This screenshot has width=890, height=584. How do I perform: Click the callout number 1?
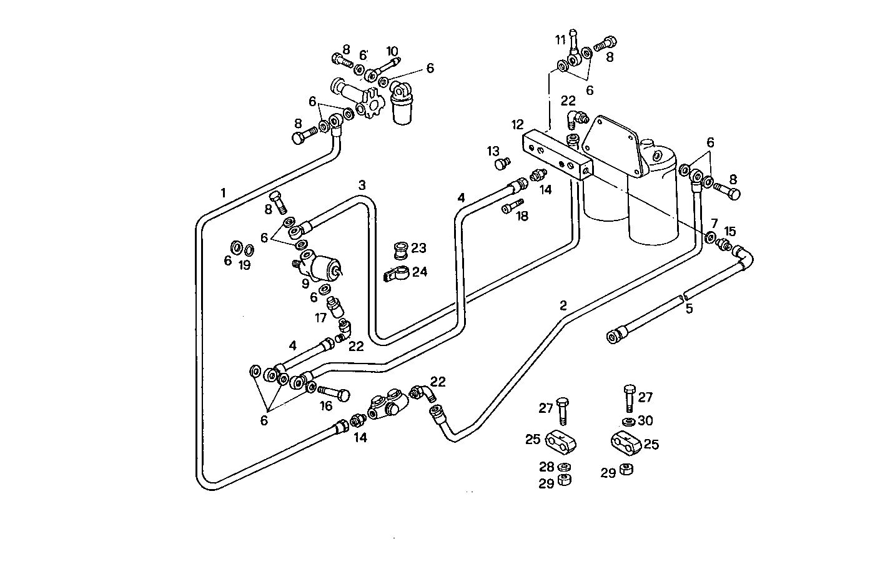[x=223, y=192]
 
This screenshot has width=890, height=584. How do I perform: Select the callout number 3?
[x=362, y=185]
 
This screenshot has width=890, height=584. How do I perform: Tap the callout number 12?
[x=517, y=124]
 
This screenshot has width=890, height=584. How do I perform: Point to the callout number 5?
[x=689, y=308]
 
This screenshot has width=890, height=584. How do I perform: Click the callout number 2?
[x=563, y=305]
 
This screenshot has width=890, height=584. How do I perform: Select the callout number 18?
[x=522, y=216]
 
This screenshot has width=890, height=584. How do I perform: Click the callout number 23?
[x=418, y=248]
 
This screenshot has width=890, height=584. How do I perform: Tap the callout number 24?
[x=419, y=272]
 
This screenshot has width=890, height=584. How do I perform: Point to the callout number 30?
[x=645, y=420]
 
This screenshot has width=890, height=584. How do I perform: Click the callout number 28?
[x=547, y=467]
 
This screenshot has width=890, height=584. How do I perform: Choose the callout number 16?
[x=326, y=406]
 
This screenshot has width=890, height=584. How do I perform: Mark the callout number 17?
[x=320, y=318]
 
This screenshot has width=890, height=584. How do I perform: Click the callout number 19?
[x=244, y=265]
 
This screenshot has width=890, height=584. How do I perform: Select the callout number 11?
[x=560, y=40]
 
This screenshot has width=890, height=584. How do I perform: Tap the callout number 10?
[x=392, y=51]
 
